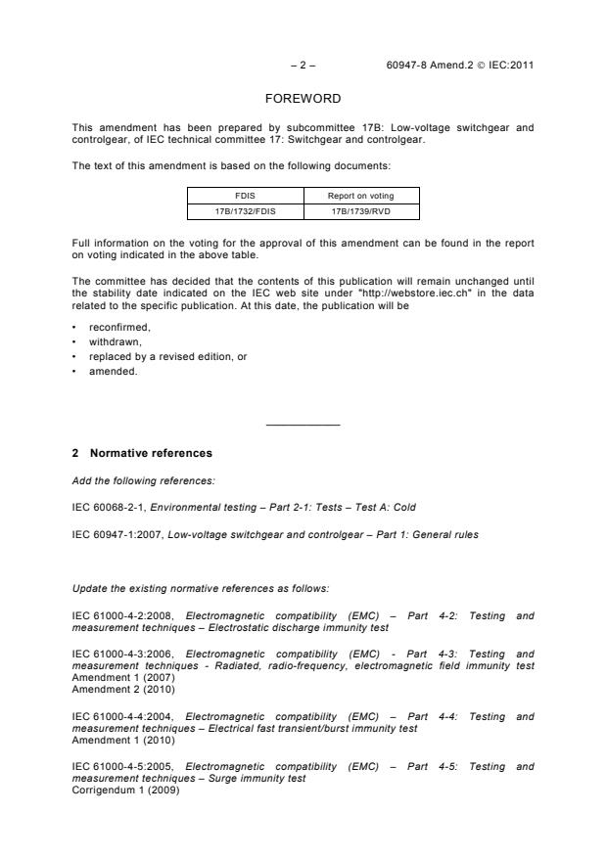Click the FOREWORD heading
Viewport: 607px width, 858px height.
(303, 100)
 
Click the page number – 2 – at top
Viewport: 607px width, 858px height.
(303, 67)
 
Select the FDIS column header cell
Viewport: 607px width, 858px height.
(245, 195)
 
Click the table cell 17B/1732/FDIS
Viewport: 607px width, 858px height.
(245, 210)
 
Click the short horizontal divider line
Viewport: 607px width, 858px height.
(303, 425)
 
